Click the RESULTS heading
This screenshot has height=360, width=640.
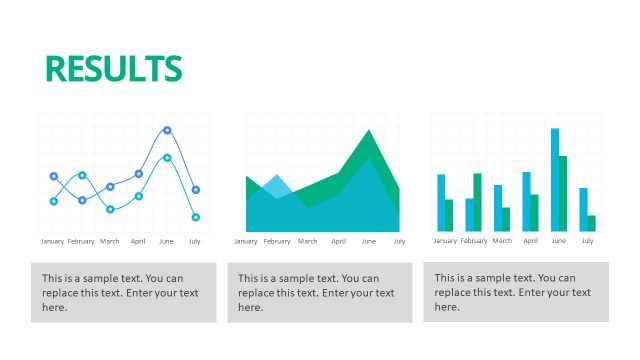[113, 68]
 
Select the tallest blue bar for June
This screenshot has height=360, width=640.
[555, 180]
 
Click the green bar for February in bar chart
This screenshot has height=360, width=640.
[478, 202]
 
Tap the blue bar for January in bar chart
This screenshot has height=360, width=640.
[441, 203]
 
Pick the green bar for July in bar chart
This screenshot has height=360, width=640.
[591, 223]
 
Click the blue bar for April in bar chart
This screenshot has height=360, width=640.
[526, 201]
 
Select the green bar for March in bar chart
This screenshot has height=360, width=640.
[506, 219]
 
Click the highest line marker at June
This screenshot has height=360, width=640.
[167, 130]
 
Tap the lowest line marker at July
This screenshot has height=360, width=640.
[196, 217]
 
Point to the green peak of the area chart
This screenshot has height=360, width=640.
[370, 135]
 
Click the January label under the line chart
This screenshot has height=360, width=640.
[52, 241]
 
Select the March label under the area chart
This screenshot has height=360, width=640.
[308, 241]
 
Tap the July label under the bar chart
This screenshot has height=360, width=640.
[587, 240]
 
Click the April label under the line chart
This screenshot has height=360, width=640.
[138, 241]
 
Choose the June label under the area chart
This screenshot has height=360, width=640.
[369, 241]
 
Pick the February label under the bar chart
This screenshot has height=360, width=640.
[474, 240]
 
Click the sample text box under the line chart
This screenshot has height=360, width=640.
[124, 292]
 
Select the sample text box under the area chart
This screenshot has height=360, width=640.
[320, 292]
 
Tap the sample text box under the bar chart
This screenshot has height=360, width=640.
[516, 292]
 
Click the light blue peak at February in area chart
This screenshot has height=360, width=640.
[278, 180]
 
